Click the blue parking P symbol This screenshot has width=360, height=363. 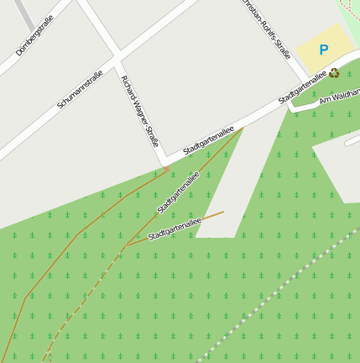click(324, 50)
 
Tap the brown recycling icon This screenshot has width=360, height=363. click(335, 72)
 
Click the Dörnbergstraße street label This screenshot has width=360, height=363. click(34, 36)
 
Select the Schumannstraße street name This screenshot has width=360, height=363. click(80, 89)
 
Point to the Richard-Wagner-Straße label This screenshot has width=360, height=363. click(139, 111)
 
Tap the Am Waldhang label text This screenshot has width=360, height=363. click(339, 96)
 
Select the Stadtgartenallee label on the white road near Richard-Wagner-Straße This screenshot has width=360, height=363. click(207, 140)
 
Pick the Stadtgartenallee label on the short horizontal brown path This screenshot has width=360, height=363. click(175, 229)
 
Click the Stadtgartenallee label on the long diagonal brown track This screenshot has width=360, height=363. click(177, 193)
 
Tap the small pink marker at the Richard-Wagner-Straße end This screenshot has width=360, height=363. click(166, 169)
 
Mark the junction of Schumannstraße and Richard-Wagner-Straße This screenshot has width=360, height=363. click(117, 58)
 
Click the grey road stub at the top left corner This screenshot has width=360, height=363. click(23, 12)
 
